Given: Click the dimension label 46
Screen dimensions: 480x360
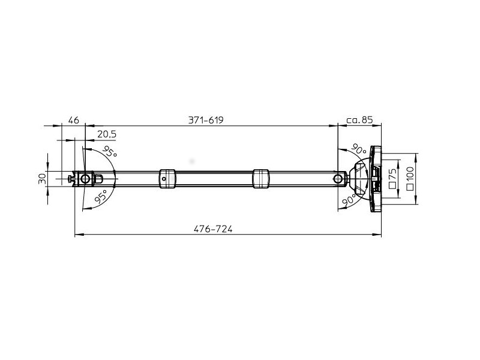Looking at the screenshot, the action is pyautogui.click(x=73, y=120).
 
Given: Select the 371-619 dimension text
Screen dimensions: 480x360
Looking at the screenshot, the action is pyautogui.click(x=206, y=120).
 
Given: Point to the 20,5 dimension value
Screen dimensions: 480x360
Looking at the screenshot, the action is pyautogui.click(x=107, y=134).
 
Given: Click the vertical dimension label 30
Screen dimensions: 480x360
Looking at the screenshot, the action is pyautogui.click(x=43, y=178).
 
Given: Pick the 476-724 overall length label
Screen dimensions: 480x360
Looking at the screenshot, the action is pyautogui.click(x=213, y=229).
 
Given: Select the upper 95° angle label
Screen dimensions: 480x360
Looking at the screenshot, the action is pyautogui.click(x=109, y=152).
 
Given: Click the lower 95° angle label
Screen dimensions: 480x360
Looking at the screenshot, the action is pyautogui.click(x=101, y=196).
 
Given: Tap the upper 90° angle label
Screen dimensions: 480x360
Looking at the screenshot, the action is pyautogui.click(x=358, y=149).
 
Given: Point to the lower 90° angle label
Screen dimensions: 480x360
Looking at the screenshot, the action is pyautogui.click(x=349, y=200).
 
